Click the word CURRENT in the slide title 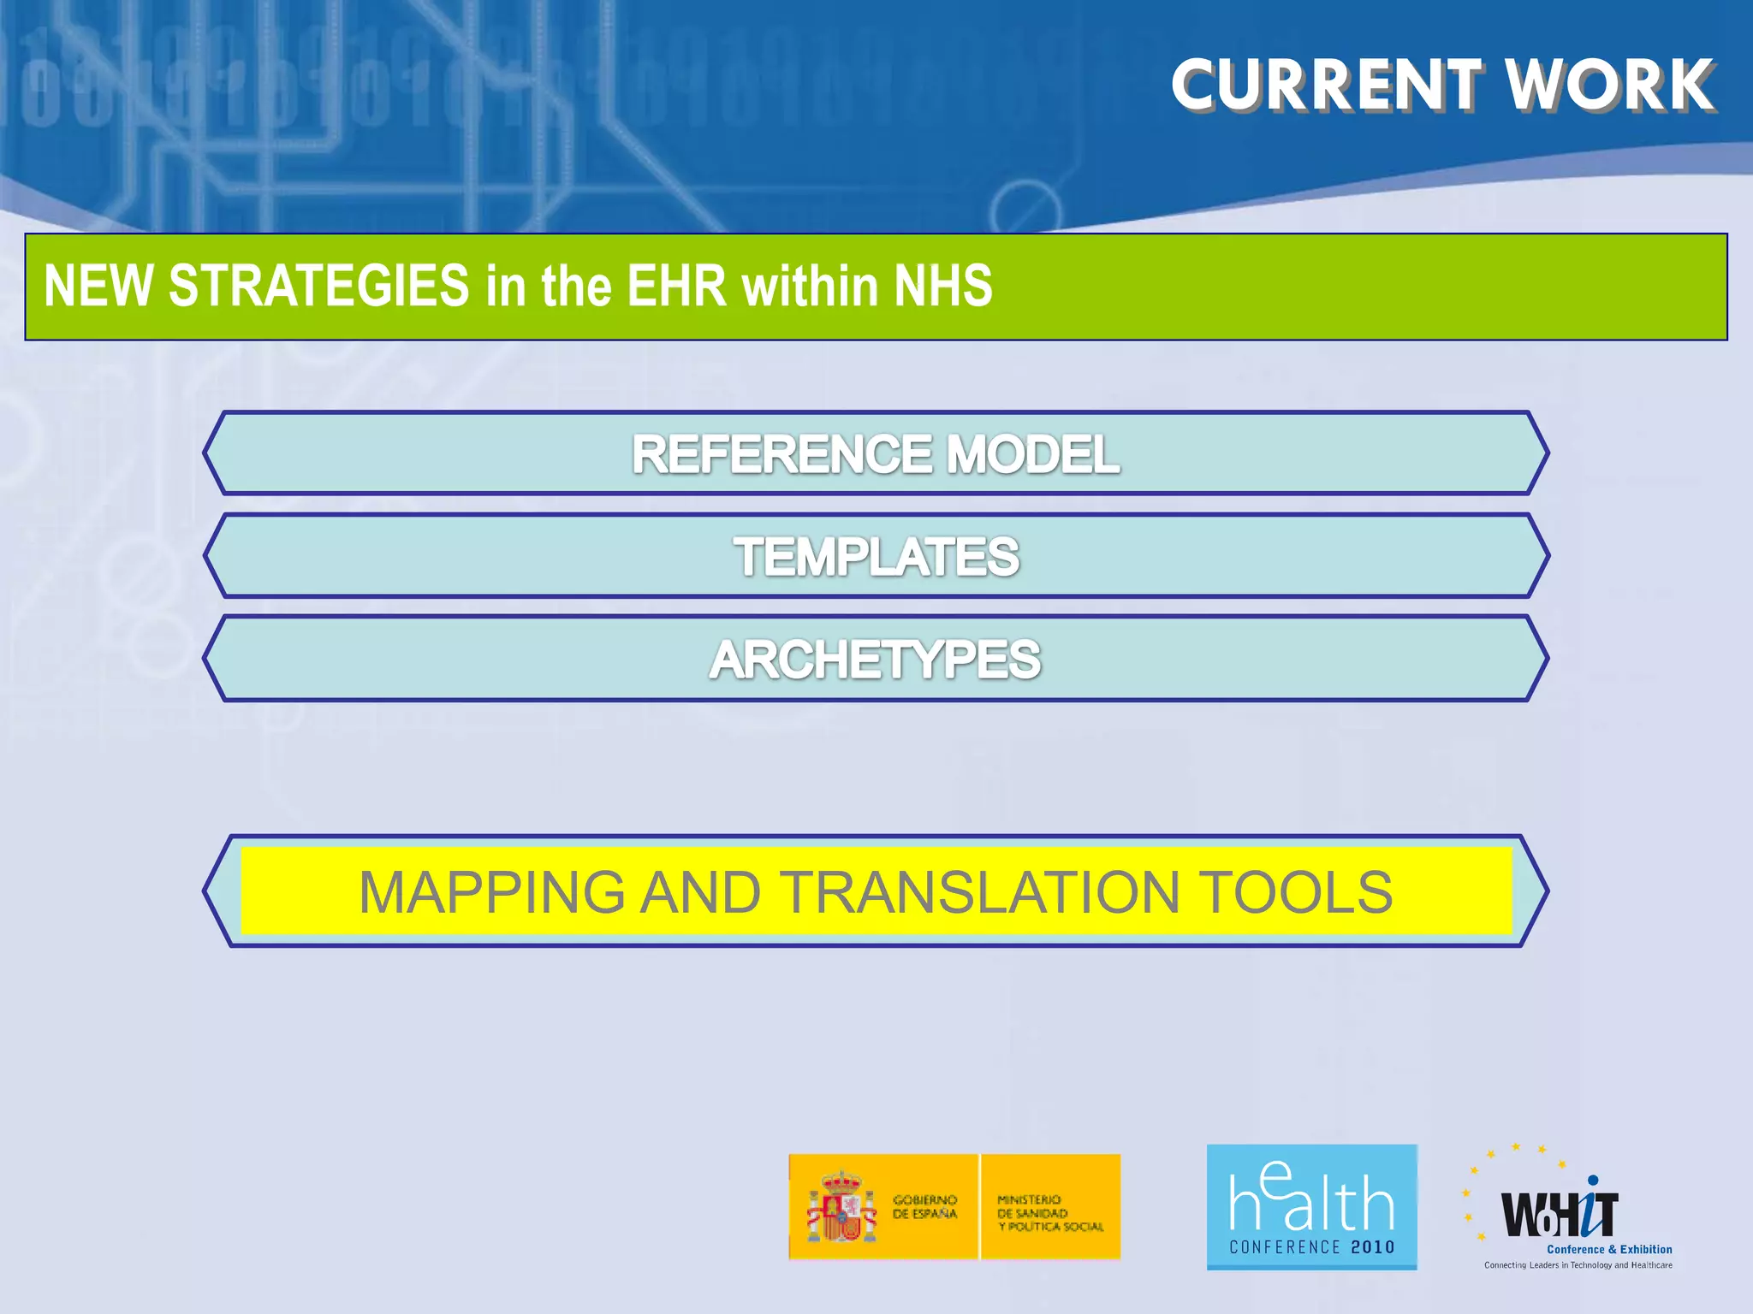click(x=1326, y=86)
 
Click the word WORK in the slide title click(x=1610, y=86)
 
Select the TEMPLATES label click(x=876, y=557)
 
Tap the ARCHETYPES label click(x=875, y=660)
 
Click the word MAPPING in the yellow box click(x=491, y=892)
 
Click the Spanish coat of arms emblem click(x=841, y=1207)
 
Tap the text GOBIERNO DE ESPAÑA click(x=924, y=1207)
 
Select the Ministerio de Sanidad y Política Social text click(x=1049, y=1213)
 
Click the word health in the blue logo click(x=1311, y=1198)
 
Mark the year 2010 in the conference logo click(x=1372, y=1247)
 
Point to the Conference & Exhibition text click(x=1609, y=1250)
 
